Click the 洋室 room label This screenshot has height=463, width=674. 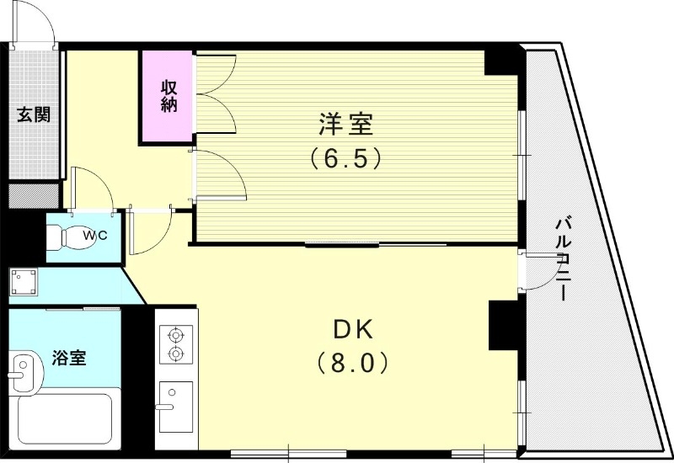(x=345, y=125)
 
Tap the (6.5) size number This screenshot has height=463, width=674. (x=345, y=157)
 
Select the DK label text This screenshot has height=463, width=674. (x=353, y=329)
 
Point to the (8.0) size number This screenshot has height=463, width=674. (x=353, y=363)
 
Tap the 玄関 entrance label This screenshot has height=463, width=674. (x=35, y=114)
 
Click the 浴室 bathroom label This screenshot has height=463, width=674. (x=69, y=358)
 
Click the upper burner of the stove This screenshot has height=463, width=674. (x=176, y=334)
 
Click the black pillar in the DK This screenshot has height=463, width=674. (x=501, y=324)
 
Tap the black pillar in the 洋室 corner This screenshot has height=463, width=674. (x=504, y=61)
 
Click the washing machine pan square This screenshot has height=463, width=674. (x=24, y=281)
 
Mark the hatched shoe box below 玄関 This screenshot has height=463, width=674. (x=33, y=195)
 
